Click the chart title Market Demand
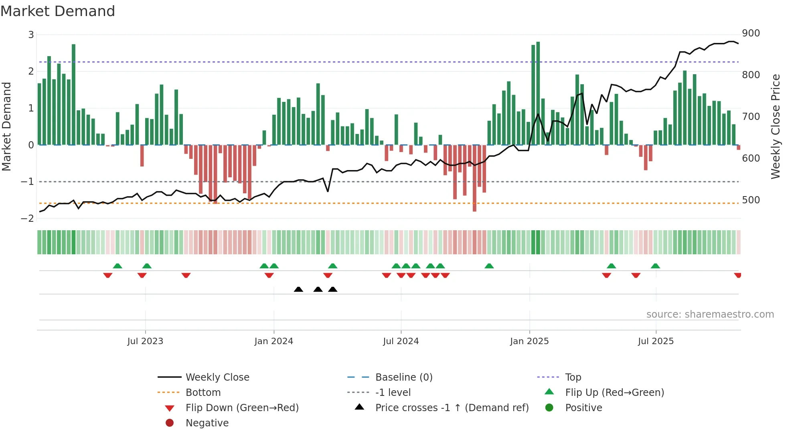coord(58,11)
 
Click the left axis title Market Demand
coord(7,126)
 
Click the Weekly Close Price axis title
coord(776,126)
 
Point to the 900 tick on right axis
coord(751,33)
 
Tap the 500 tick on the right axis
coord(751,200)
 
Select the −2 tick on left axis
coord(27,219)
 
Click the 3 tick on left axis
coord(31,35)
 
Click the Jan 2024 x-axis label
coord(273,341)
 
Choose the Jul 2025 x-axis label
coord(656,341)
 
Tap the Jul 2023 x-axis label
coord(145,341)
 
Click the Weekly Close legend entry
coord(217,377)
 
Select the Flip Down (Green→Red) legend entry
coord(242,408)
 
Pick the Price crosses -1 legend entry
coord(452,408)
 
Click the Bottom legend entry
coord(203,393)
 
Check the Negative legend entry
coord(207,423)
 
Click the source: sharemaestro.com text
coord(710,314)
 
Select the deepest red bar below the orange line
coord(474,178)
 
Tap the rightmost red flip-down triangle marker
coord(737,275)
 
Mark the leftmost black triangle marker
coord(298,289)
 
